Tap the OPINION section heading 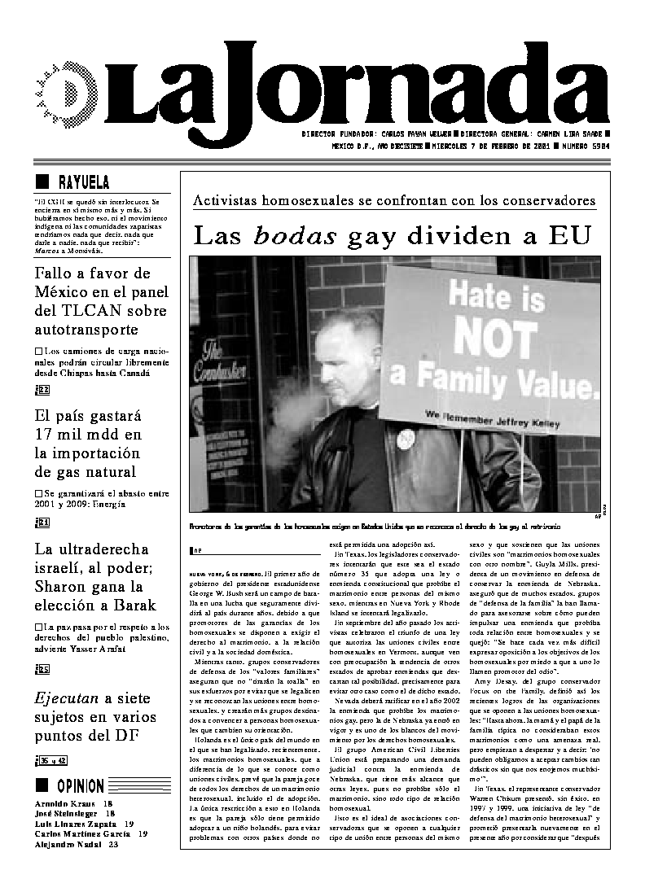(81, 785)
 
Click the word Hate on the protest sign (485, 290)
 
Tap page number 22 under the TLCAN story (43, 389)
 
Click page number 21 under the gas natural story (43, 523)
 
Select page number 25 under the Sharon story (43, 669)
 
